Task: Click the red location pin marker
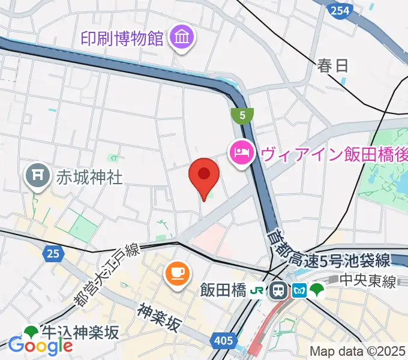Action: (x=204, y=175)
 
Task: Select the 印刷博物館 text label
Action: (x=122, y=39)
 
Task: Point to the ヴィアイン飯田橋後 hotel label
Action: (x=334, y=154)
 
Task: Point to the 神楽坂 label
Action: (x=159, y=318)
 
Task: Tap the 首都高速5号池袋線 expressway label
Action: (x=331, y=252)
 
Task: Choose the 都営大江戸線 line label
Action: (x=107, y=275)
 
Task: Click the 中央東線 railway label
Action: (x=367, y=280)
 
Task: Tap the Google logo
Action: (x=40, y=345)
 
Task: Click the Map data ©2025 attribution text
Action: (x=358, y=351)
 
